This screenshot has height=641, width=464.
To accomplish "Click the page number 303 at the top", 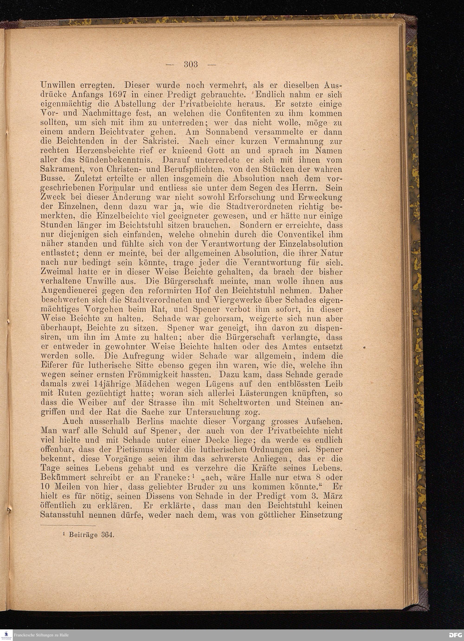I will [x=191, y=64].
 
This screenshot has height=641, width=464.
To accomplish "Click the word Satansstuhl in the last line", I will [x=62, y=515].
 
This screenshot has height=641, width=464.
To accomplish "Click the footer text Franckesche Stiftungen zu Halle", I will [x=41, y=635].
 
